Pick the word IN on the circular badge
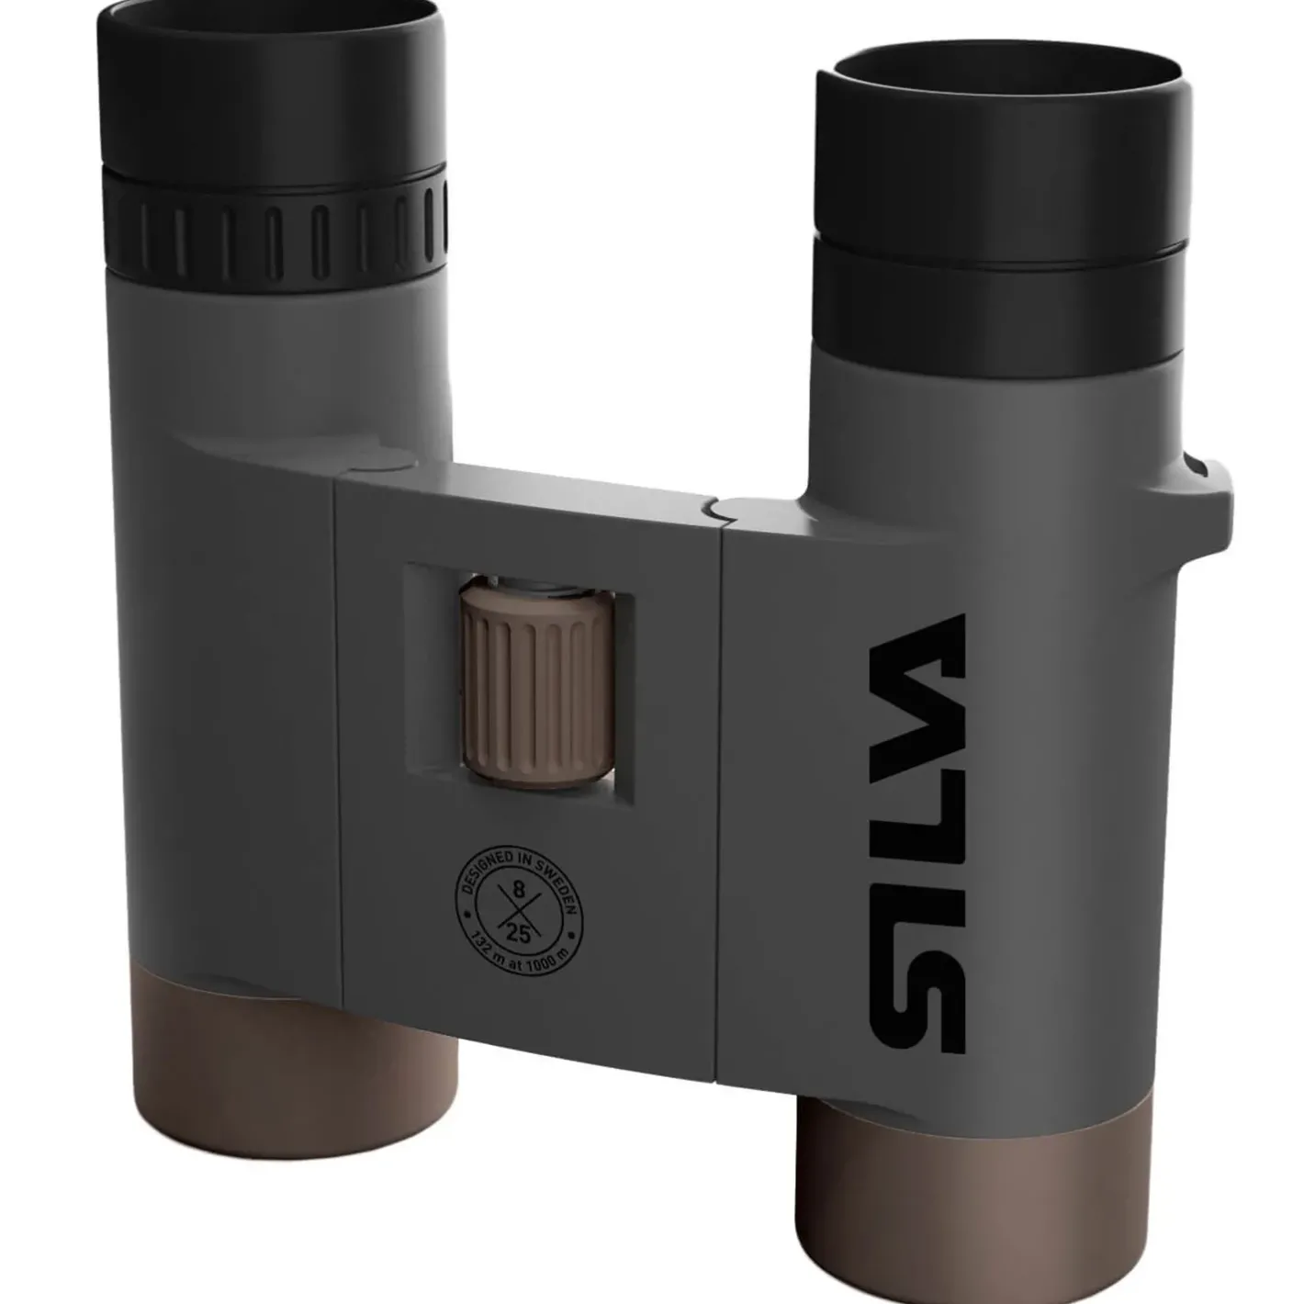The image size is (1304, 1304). point(526,856)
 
